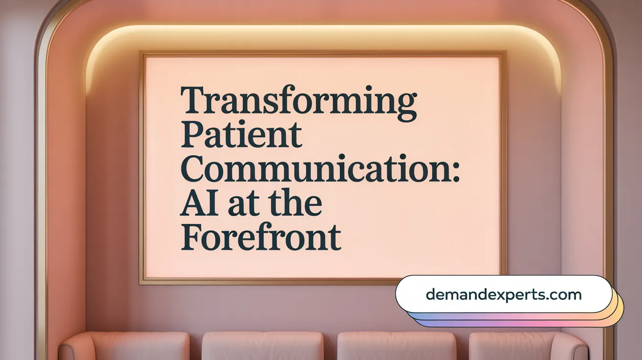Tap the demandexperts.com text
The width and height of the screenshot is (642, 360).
(x=504, y=294)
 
